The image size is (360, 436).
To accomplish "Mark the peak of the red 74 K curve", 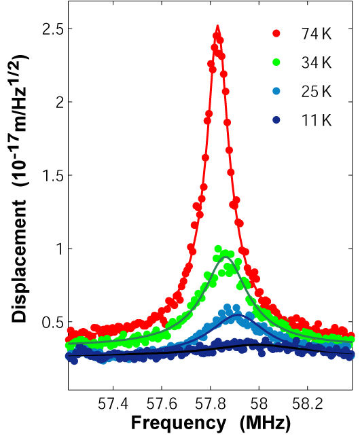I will (217, 27).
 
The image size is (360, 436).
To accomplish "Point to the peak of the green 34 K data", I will (219, 249).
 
